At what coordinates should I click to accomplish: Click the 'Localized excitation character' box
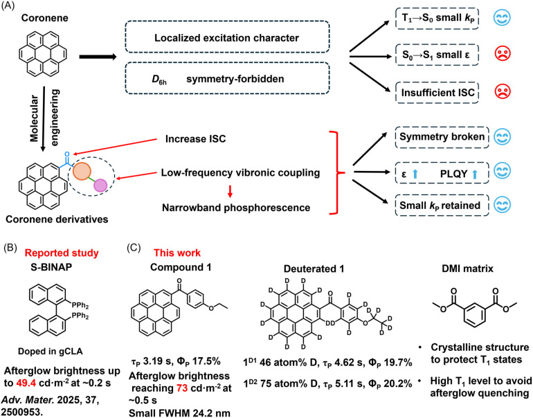[227, 37]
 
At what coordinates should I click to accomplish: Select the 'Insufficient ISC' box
[437, 93]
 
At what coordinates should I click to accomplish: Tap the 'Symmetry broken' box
[442, 137]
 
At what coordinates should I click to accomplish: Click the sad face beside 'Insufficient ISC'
[503, 92]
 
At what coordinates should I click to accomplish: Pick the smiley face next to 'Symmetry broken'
[502, 137]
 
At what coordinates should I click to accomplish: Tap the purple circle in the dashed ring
[100, 185]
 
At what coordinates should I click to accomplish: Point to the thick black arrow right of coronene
[98, 57]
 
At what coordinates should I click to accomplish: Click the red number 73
[182, 388]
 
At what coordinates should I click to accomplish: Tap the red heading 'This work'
[177, 253]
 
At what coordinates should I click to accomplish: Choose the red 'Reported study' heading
[62, 253]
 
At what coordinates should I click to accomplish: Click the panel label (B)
[10, 248]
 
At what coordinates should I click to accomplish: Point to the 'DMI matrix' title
[467, 269]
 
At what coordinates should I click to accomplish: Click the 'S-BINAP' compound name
[51, 267]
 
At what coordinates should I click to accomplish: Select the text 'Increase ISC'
[195, 138]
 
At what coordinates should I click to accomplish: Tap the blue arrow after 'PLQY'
[475, 174]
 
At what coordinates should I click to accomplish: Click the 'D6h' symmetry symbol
[159, 80]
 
